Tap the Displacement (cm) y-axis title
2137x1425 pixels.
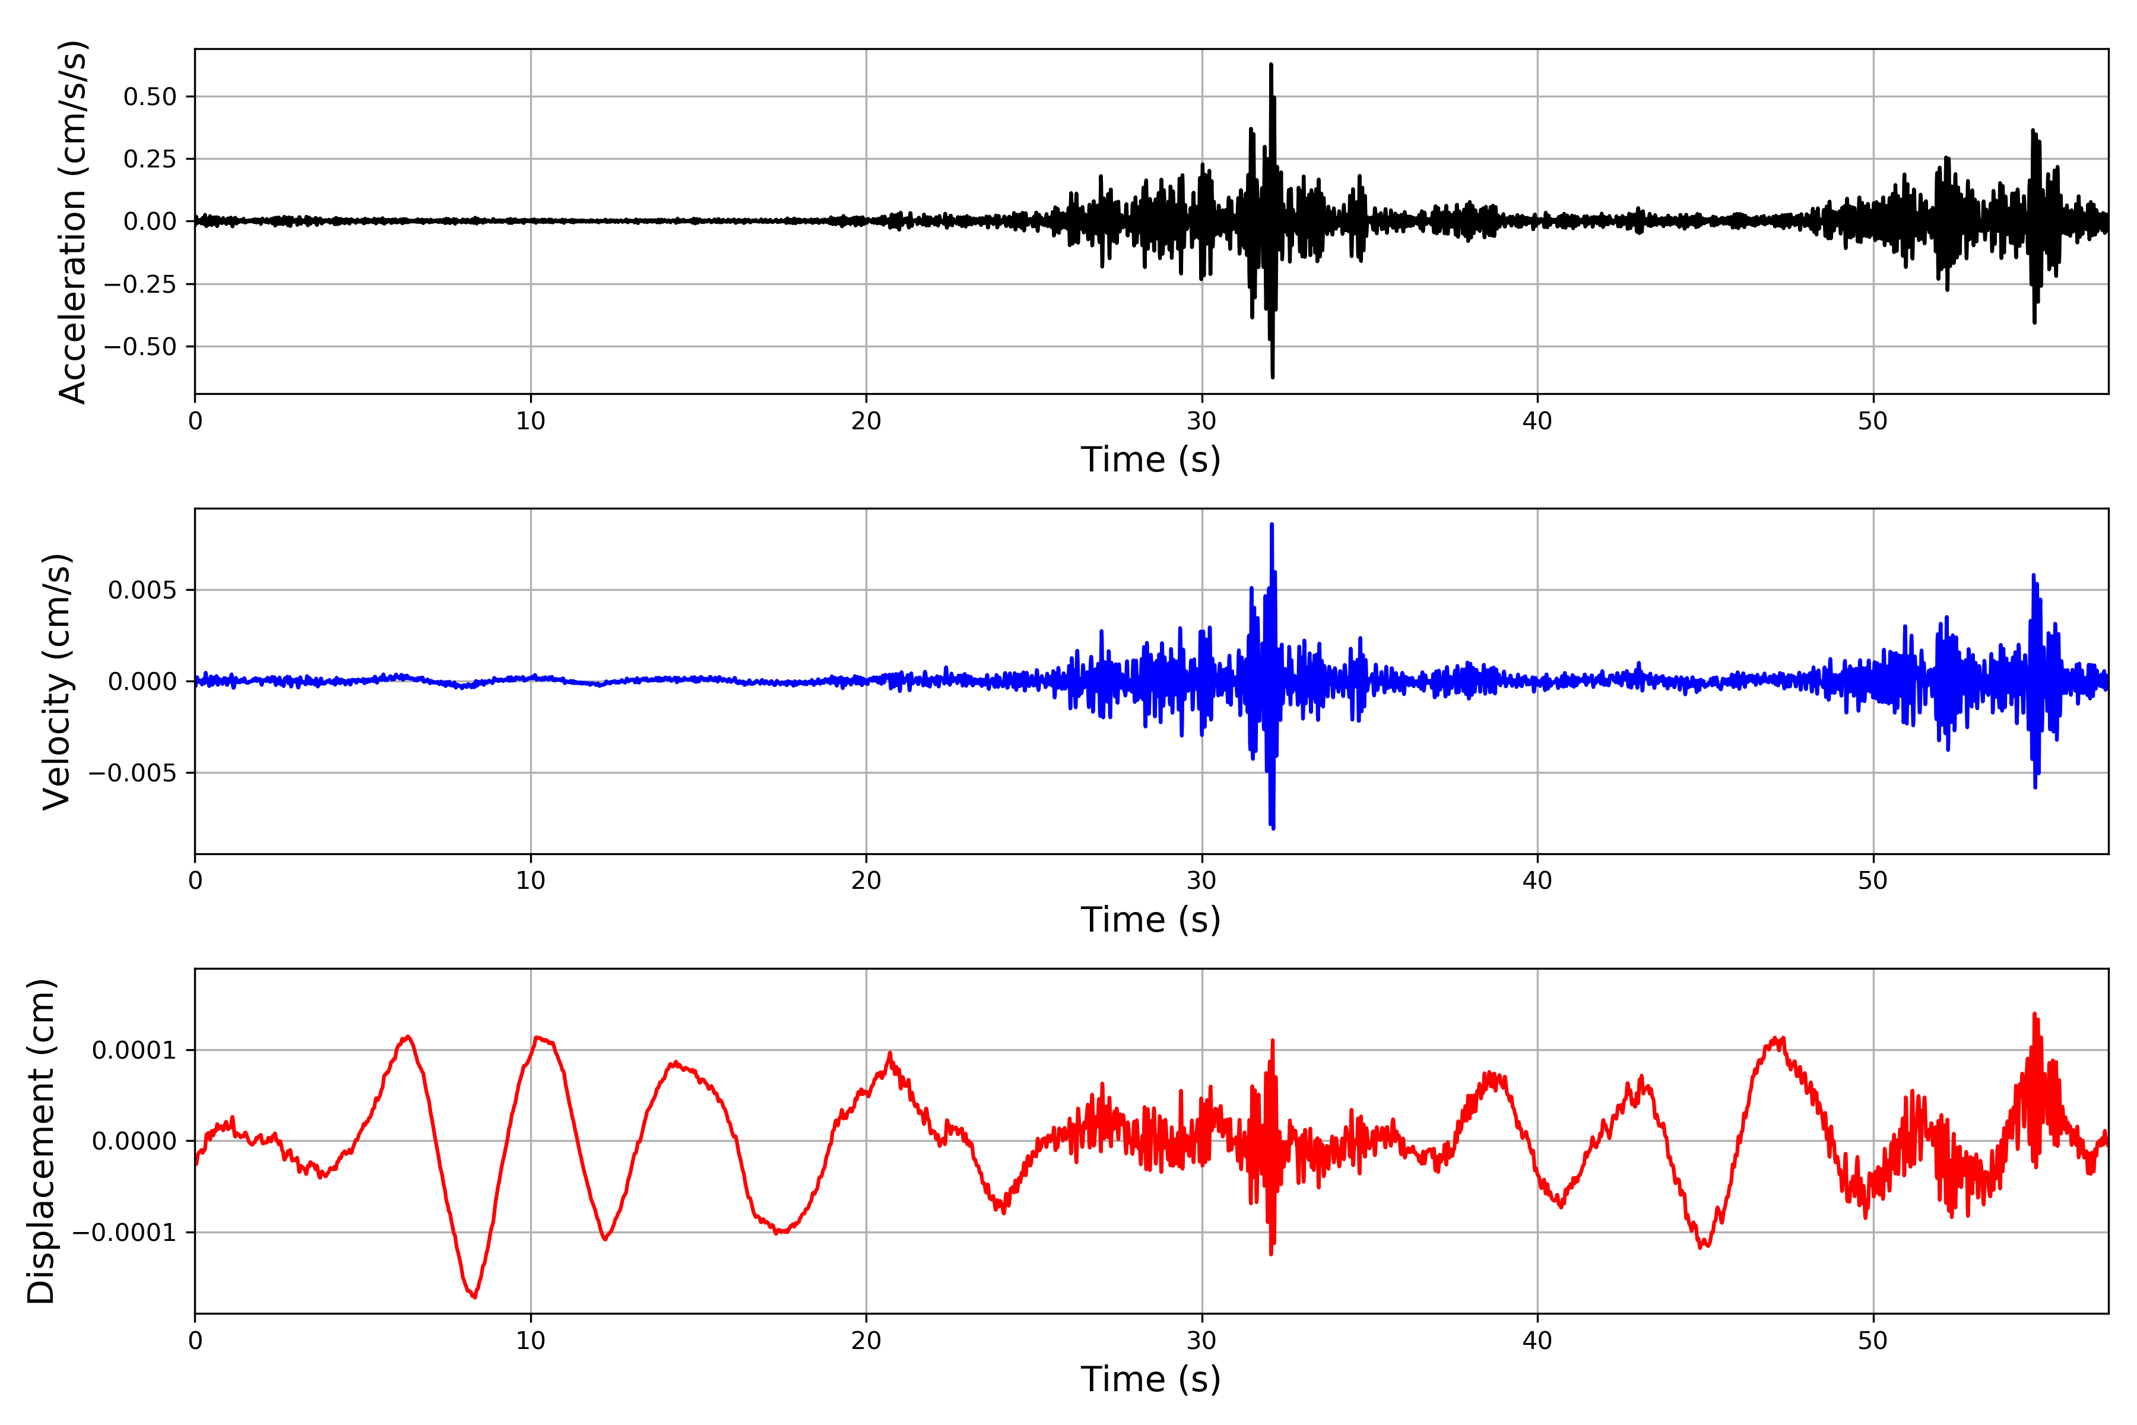(42, 1141)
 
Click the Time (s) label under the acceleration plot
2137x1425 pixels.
(1150, 460)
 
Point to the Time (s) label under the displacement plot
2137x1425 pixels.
(1150, 1379)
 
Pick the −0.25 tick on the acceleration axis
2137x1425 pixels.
(140, 284)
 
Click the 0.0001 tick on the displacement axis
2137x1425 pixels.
(134, 1050)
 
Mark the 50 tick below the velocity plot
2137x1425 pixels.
(1873, 881)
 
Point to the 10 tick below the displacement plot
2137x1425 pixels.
(531, 1341)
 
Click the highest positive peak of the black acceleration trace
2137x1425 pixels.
(1271, 65)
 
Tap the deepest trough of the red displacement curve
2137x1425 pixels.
(474, 1297)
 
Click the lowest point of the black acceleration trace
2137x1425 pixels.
(1272, 377)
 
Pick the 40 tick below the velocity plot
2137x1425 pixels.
(1537, 881)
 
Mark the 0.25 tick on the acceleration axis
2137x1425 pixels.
(150, 159)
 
